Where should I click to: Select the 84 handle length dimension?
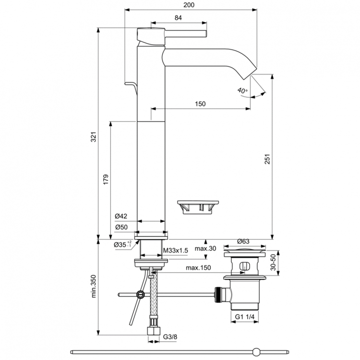point(178,18)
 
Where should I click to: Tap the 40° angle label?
point(242,90)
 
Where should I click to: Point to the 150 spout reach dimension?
point(201,104)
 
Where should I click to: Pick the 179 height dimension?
point(107,179)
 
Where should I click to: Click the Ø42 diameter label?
point(120,216)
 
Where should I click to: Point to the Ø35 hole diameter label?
point(122,245)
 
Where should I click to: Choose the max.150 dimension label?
point(199,268)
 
